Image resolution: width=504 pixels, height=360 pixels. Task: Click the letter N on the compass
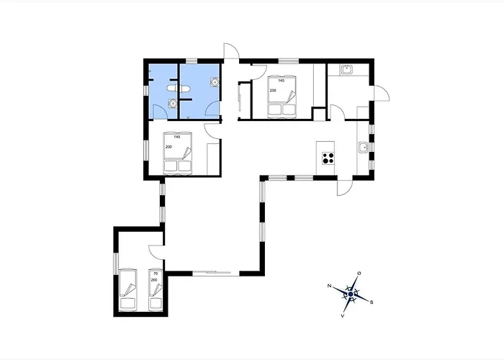pyautogui.click(x=329, y=286)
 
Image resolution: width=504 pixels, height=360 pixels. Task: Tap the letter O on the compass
pyautogui.click(x=359, y=274)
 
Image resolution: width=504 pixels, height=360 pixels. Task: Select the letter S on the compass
pyautogui.click(x=372, y=302)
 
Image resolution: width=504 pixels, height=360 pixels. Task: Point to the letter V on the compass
pyautogui.click(x=343, y=315)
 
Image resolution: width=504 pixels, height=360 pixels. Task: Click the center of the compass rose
pyautogui.click(x=351, y=294)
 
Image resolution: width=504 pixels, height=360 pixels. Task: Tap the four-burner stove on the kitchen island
pyautogui.click(x=328, y=158)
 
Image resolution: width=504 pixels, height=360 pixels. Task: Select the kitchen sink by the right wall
pyautogui.click(x=363, y=147)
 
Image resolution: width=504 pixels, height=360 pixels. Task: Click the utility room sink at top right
pyautogui.click(x=347, y=69)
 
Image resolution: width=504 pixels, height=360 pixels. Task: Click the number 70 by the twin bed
pyautogui.click(x=156, y=274)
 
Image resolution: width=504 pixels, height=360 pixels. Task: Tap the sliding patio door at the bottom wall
pyautogui.click(x=212, y=273)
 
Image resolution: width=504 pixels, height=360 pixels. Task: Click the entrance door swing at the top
pyautogui.click(x=232, y=51)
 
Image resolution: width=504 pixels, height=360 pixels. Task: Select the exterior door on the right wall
pyautogui.click(x=382, y=93)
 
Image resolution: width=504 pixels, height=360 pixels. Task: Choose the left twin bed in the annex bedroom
pyautogui.click(x=128, y=290)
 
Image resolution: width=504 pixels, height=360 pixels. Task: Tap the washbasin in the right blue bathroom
pyautogui.click(x=215, y=82)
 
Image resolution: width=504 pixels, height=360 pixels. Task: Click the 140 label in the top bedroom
pyautogui.click(x=282, y=81)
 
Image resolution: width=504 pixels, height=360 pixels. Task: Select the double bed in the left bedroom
pyautogui.click(x=178, y=153)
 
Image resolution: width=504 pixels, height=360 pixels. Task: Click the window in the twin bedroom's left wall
pyautogui.click(x=116, y=264)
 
